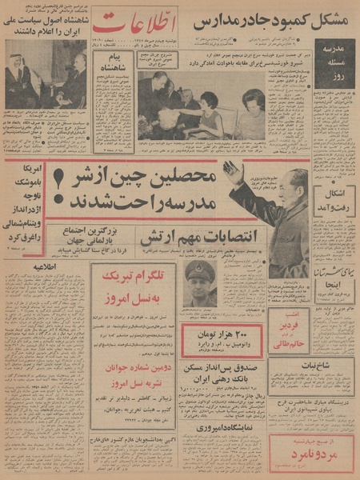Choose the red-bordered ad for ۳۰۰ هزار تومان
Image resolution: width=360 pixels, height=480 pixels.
(x=214, y=339)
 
